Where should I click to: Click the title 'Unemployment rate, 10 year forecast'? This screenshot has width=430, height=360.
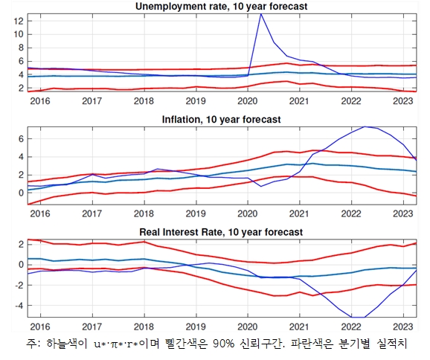click(221, 7)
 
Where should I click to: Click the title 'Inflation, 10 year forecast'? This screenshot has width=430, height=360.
click(221, 119)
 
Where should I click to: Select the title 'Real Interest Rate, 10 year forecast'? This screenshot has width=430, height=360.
click(221, 232)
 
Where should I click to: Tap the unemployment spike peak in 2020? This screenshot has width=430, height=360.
click(260, 14)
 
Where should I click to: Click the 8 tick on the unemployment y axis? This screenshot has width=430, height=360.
click(20, 48)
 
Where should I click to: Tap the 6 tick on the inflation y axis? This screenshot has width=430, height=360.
click(20, 139)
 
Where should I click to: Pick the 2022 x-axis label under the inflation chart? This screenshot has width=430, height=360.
click(349, 213)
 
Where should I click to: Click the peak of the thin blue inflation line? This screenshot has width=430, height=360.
click(366, 126)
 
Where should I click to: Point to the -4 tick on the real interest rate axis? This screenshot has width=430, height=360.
click(18, 306)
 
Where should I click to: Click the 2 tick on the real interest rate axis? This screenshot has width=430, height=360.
click(20, 244)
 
